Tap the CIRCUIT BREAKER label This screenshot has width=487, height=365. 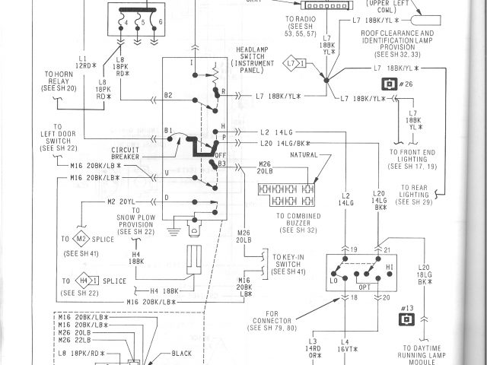pos(126,152)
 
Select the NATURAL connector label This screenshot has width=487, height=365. pos(304,155)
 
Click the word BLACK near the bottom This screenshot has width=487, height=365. pos(182,354)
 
